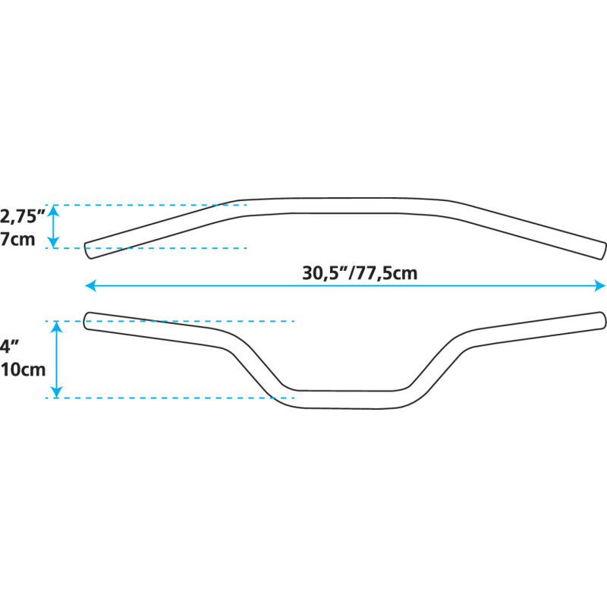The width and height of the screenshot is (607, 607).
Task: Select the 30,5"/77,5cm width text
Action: [360, 273]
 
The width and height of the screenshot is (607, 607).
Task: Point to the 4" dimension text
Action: [9, 346]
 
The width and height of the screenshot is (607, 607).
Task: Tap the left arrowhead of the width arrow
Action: [89, 285]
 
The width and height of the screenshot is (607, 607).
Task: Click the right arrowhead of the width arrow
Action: [601, 285]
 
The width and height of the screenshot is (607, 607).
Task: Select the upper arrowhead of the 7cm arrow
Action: [53, 211]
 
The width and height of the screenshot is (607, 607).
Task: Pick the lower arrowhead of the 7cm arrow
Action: [53, 242]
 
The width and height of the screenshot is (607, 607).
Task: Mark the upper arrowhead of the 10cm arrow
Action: [55, 327]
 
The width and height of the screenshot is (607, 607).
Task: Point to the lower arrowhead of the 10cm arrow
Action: [55, 392]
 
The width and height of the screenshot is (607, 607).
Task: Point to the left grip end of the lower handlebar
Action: [88, 322]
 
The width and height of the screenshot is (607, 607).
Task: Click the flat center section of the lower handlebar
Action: [345, 399]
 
